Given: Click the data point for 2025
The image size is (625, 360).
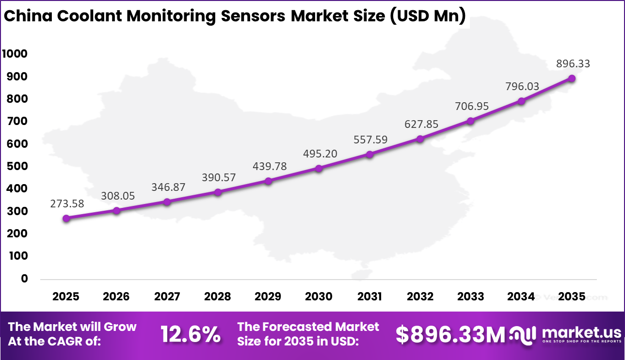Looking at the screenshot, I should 66,219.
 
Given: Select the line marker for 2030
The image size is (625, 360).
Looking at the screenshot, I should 319,169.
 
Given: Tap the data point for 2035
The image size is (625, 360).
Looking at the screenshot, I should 572,78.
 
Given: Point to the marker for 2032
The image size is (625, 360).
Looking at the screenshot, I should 420,139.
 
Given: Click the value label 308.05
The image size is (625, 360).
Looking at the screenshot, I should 118,196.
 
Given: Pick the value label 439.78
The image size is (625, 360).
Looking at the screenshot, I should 270,166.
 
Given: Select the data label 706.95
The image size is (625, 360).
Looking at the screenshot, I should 472,106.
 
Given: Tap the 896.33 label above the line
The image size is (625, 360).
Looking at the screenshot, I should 573,63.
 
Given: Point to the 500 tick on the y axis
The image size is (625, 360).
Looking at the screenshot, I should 17,166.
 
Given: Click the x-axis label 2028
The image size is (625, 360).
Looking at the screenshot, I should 218,296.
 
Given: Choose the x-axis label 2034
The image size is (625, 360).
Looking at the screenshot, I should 521,296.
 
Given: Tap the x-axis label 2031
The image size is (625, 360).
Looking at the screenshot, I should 369,296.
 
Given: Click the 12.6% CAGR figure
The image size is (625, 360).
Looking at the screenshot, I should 191,334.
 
